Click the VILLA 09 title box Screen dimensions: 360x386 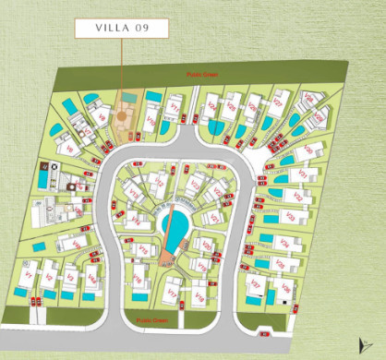(x=122, y=28)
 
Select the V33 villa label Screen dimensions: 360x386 (x=289, y=219)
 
